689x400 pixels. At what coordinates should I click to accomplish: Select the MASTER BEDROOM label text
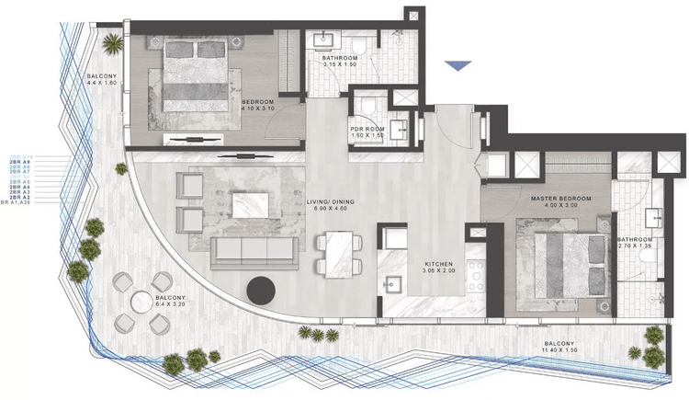click(x=559, y=199)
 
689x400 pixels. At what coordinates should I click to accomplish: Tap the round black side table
click(x=263, y=290)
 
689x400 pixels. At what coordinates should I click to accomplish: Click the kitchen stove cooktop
click(x=476, y=272)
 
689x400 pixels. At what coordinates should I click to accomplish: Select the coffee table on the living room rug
click(x=250, y=203)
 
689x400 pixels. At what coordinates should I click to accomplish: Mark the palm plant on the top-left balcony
click(x=113, y=43)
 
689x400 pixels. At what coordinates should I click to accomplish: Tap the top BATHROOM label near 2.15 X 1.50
click(x=340, y=57)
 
